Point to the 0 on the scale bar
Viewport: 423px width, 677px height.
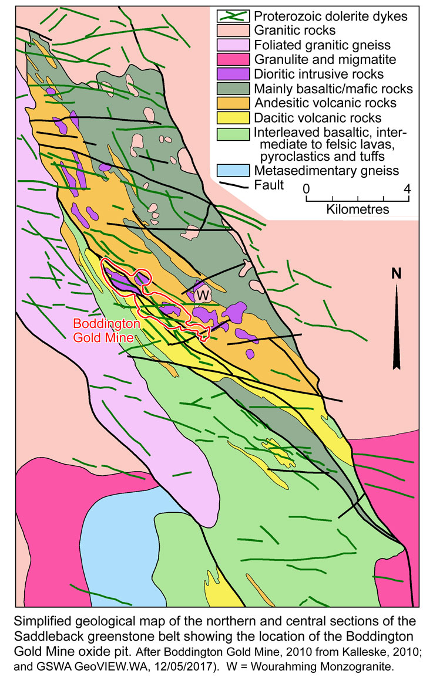point(306,189)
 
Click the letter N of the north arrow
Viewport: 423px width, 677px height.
point(398,273)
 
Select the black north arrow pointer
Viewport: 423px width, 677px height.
point(398,329)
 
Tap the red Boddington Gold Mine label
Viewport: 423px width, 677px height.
point(103,330)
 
